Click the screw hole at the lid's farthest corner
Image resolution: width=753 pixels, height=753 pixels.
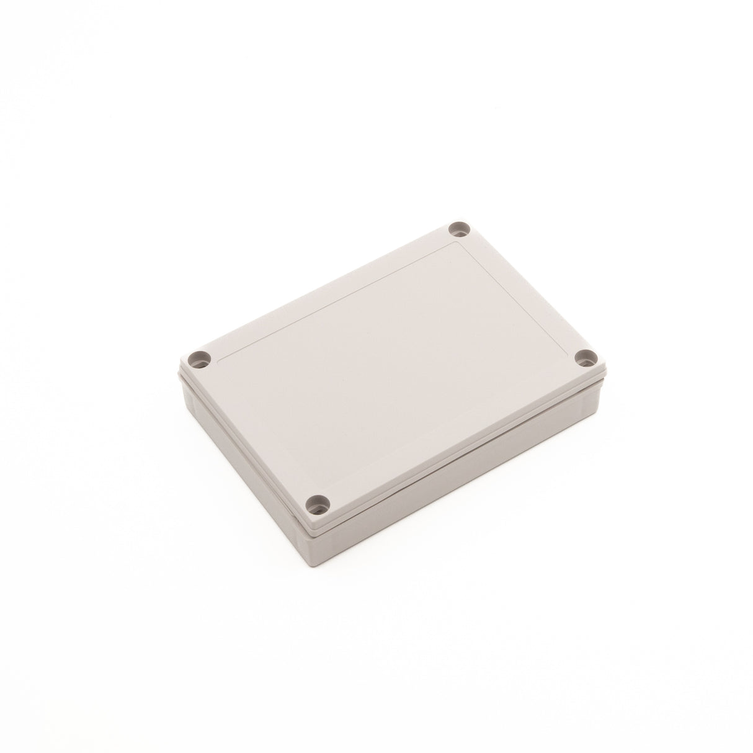pos(460,230)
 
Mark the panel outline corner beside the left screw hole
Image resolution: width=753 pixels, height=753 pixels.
pos(218,359)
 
